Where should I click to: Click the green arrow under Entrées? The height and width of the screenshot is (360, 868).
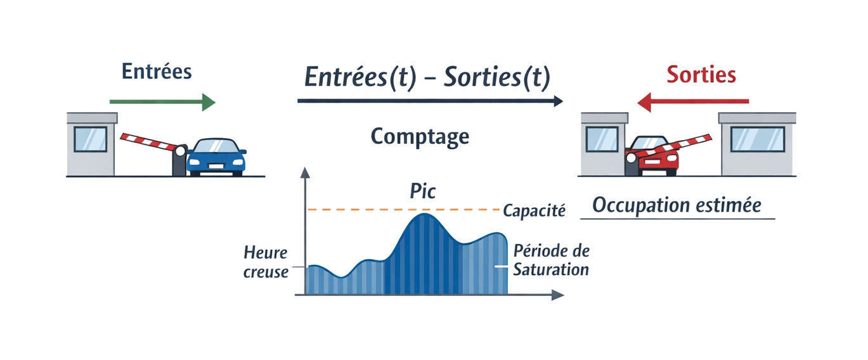pos(162,101)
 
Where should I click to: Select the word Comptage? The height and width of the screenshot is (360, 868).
pos(420,136)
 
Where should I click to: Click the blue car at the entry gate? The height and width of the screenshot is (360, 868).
pos(216,157)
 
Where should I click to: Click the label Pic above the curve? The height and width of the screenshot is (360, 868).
pos(423,191)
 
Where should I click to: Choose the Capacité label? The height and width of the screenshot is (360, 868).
pos(533,210)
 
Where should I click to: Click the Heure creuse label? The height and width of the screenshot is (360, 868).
pos(266,262)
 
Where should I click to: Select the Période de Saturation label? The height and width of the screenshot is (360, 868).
pos(551,260)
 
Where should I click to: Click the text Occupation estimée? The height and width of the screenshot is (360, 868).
pos(677,205)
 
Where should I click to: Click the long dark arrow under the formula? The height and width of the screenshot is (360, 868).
pos(430,101)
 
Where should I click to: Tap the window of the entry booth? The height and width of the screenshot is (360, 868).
pos(90,139)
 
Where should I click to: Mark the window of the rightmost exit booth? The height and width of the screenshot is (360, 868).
pos(757,139)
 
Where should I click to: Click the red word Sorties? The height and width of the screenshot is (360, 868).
pos(701,75)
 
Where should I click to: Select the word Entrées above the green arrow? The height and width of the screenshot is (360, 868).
pos(157,72)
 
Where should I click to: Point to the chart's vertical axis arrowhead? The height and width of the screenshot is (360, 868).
pos(305,172)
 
